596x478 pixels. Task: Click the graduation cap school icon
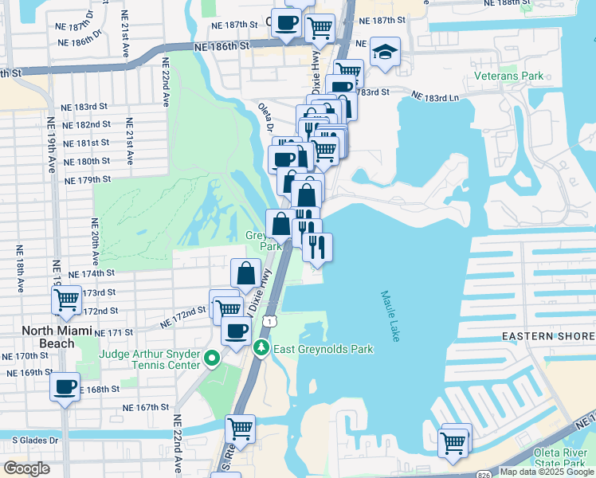coord(385,53)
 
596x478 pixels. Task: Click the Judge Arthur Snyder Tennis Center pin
coord(211,360)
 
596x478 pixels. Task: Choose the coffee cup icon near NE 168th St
coord(65,387)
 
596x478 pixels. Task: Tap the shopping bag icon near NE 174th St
coord(246,273)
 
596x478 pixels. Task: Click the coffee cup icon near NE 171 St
coord(235,331)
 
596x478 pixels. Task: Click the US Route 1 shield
coord(272,320)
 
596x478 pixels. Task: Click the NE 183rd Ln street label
coord(436,97)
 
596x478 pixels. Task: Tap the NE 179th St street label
coord(88,180)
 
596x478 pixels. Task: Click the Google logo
coord(26,468)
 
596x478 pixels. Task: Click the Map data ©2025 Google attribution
coord(546,472)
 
